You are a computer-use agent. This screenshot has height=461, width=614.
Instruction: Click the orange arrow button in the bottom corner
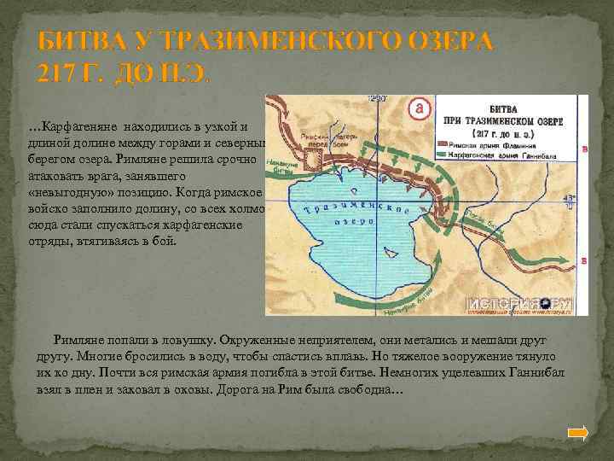[578, 433]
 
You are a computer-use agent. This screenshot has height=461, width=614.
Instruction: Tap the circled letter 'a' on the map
[419, 108]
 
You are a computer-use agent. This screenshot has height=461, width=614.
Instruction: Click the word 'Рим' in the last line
[284, 389]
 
